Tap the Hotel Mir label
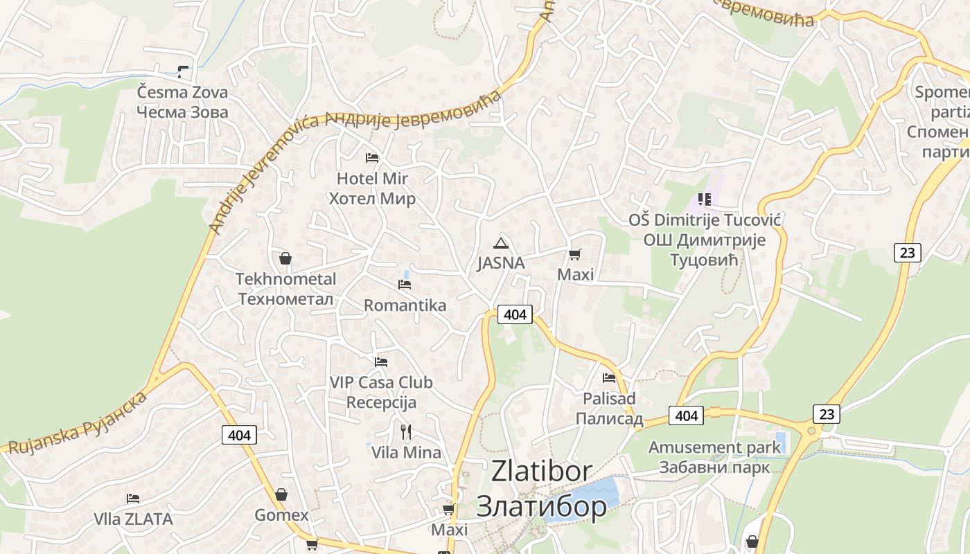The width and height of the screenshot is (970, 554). pyautogui.click(x=372, y=188)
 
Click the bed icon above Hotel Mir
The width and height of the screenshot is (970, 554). pyautogui.click(x=372, y=158)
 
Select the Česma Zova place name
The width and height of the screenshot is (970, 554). pyautogui.click(x=182, y=101)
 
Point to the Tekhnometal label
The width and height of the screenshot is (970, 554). pyautogui.click(x=285, y=289)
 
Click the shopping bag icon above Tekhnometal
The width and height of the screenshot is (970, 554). pyautogui.click(x=285, y=259)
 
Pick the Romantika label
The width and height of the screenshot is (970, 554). pyautogui.click(x=405, y=305)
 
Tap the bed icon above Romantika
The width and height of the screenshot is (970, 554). pyautogui.click(x=405, y=285)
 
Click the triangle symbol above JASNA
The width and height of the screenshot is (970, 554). pyautogui.click(x=500, y=243)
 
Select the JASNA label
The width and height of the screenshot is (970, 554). pyautogui.click(x=500, y=264)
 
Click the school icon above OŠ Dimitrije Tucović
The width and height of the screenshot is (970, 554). pyautogui.click(x=705, y=199)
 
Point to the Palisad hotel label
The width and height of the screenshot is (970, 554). pyautogui.click(x=609, y=409)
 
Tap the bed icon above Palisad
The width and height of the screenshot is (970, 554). pyautogui.click(x=609, y=378)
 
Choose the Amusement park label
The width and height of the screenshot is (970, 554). pyautogui.click(x=714, y=457)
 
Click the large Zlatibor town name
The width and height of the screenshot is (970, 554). pyautogui.click(x=542, y=489)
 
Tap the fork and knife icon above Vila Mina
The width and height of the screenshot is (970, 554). pyautogui.click(x=406, y=432)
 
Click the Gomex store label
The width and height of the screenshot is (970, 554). pyautogui.click(x=281, y=515)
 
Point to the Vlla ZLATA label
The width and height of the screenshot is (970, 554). pyautogui.click(x=133, y=519)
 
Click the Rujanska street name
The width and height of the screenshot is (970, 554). pyautogui.click(x=76, y=422)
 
